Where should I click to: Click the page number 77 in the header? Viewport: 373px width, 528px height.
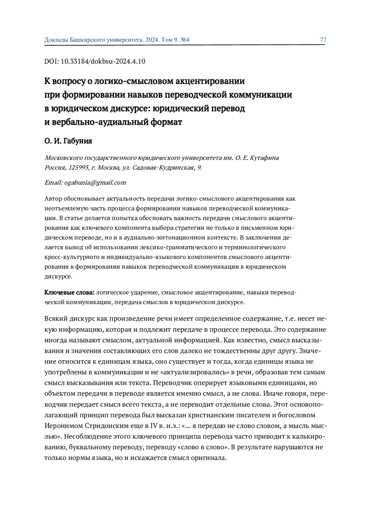click(323, 40)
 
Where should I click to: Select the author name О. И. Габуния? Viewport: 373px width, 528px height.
click(68, 141)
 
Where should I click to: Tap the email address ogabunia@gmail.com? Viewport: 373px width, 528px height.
click(95, 183)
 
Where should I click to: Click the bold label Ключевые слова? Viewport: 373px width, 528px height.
click(69, 293)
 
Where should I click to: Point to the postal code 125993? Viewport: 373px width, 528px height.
click(78, 168)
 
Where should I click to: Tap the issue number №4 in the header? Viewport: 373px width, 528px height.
click(185, 40)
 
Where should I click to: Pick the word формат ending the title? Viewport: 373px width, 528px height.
click(166, 122)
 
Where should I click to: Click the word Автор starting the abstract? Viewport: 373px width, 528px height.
click(53, 199)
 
